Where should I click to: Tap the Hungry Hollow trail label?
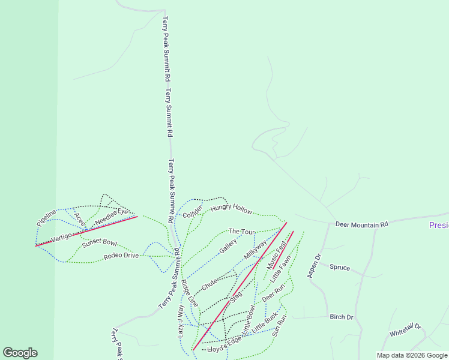[x=232, y=208]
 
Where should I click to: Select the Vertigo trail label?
[x=61, y=238]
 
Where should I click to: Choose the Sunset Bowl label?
[x=100, y=242]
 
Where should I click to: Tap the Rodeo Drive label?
[x=121, y=256]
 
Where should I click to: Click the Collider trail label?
[x=193, y=211]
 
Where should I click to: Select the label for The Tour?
[x=242, y=232]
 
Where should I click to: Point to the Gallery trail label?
[x=228, y=245]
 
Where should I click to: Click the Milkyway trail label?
[x=255, y=250]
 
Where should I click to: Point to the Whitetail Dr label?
[x=406, y=331]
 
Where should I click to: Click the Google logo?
[x=20, y=353]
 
